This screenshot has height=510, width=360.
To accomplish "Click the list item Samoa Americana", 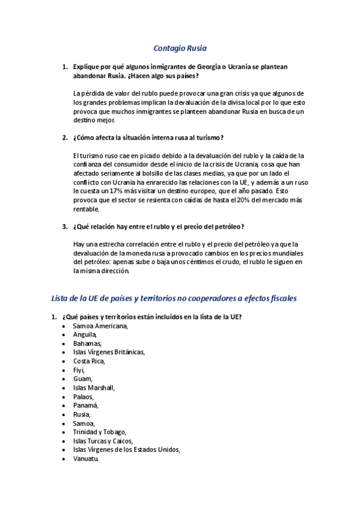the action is [100, 325].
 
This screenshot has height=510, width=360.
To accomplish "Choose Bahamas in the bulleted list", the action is [88, 343].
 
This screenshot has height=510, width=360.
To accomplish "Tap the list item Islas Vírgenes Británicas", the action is [109, 352].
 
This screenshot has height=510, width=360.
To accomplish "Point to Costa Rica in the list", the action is [89, 361].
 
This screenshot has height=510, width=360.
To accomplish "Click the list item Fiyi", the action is [79, 370].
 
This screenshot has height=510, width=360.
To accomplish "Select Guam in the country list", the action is [83, 378].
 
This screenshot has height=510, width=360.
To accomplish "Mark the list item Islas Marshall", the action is [94, 387].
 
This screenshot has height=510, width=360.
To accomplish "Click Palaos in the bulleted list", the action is [84, 396].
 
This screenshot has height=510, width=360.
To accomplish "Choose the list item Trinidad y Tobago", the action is [100, 432].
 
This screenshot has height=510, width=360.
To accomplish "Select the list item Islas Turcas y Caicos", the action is [103, 441].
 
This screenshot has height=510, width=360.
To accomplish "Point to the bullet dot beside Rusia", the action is [64, 414].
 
